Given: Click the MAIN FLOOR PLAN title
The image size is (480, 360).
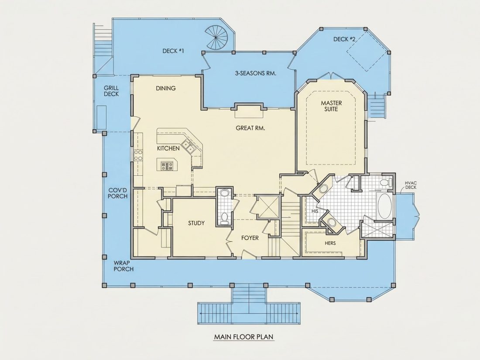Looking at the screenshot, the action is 243,337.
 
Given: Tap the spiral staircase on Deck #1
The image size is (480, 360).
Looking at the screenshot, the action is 217,38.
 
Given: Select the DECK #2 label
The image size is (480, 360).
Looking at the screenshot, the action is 344,39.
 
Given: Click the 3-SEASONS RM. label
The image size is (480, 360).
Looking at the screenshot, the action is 256,73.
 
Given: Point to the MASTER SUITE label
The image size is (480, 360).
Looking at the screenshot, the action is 331,106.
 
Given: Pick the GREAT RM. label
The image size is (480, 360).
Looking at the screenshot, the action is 250,128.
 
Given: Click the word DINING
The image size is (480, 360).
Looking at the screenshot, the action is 166,88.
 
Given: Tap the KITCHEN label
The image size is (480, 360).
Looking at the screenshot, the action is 168,148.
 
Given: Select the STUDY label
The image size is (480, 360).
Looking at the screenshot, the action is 196,223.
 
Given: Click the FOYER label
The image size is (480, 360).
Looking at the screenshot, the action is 250,238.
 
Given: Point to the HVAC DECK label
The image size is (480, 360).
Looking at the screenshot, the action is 411,185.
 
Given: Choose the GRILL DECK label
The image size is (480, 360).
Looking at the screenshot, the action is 111,91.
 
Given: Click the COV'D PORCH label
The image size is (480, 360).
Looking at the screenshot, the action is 117,193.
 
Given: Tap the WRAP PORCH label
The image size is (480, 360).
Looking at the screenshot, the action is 123,266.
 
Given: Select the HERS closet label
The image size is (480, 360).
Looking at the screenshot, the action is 330,243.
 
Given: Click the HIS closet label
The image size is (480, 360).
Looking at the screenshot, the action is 315,211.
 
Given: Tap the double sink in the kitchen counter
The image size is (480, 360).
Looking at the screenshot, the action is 188,146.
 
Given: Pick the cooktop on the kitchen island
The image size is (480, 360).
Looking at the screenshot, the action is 167,166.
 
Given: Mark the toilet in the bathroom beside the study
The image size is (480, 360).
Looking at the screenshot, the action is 224,217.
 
